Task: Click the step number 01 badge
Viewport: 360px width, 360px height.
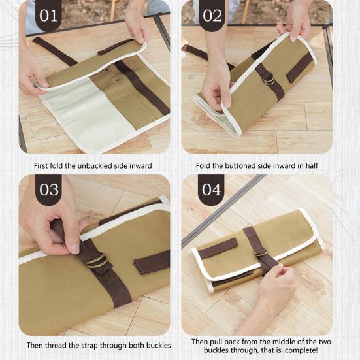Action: click(48, 16)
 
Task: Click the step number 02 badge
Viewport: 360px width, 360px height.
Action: click(211, 16)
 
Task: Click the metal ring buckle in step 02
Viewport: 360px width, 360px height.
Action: click(269, 79)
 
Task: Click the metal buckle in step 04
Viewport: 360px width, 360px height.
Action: click(260, 252)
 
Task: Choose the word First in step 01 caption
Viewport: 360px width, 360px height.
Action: click(41, 165)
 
